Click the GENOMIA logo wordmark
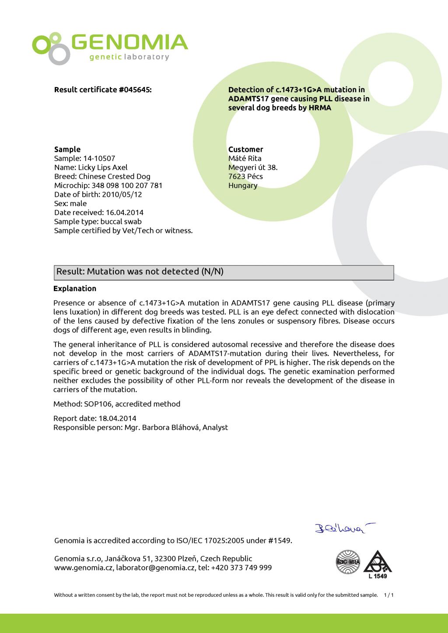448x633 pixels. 129,42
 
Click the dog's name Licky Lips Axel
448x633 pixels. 103,167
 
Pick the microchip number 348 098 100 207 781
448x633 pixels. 127,185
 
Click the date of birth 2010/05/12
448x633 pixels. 122,195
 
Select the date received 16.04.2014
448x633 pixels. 125,213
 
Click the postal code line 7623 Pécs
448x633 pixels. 245,177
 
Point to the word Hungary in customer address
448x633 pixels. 243,185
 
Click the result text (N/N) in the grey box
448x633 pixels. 213,271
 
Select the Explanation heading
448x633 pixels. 75,289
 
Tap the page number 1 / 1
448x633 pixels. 389,595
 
